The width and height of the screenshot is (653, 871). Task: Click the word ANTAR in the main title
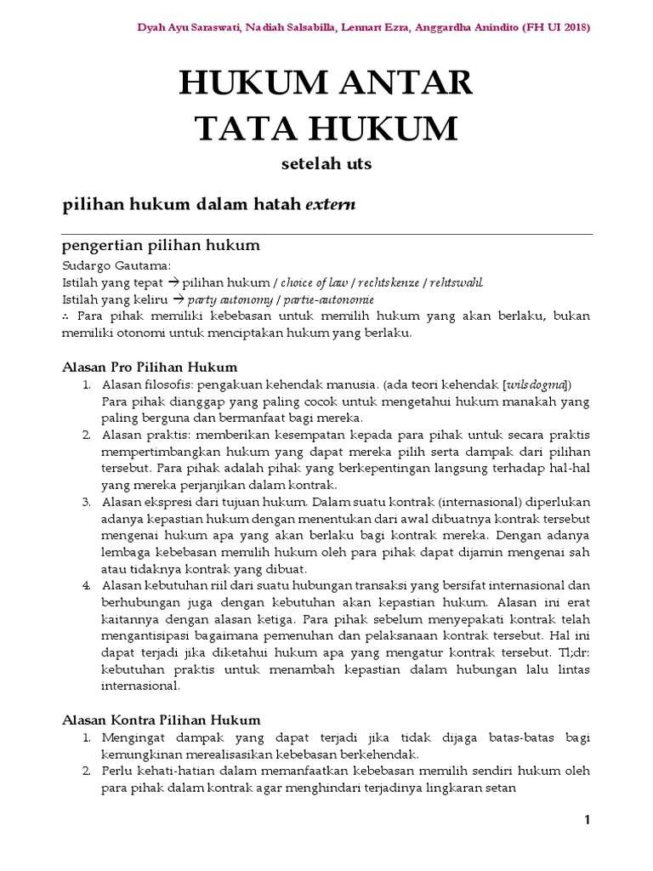401,83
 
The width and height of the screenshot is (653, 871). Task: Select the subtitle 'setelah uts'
326,165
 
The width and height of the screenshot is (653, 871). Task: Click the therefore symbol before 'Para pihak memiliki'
66,316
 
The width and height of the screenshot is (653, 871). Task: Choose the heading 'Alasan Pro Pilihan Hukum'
150,367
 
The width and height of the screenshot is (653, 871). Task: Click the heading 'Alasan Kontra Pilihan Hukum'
162,720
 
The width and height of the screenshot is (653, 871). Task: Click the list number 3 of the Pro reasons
87,501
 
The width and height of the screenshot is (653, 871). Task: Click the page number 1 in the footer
587,820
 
